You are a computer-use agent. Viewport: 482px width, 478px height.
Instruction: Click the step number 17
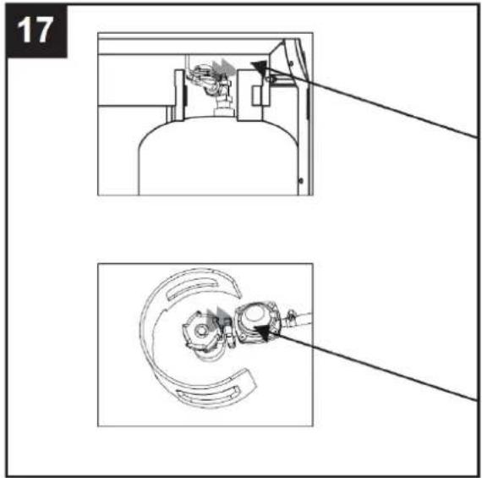click(35, 30)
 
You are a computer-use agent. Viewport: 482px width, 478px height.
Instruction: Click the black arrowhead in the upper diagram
click(260, 66)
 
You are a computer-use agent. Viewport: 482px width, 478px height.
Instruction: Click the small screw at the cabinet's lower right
click(301, 181)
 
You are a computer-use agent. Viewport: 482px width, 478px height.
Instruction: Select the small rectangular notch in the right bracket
click(257, 96)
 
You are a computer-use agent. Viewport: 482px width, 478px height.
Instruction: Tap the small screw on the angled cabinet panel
click(291, 64)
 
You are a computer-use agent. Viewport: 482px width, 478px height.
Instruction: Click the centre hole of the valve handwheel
click(201, 331)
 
